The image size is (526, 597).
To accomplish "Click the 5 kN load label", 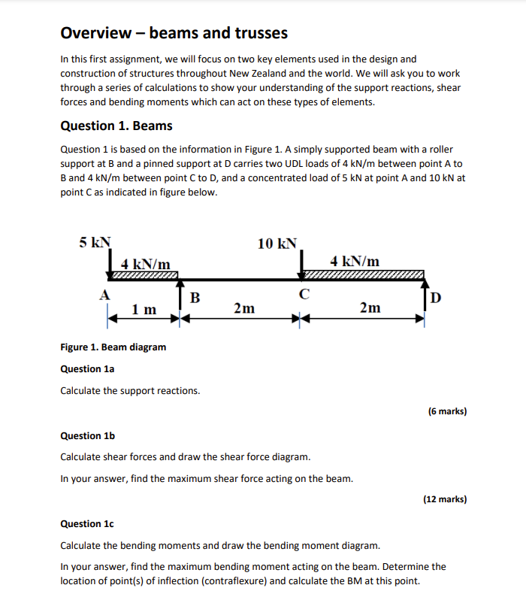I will (x=95, y=242).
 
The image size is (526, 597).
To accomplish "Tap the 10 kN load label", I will (x=277, y=243).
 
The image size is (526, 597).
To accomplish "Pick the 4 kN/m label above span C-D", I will (x=355, y=261).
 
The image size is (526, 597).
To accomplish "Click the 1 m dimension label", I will (x=144, y=309).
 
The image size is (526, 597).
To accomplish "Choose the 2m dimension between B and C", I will (x=243, y=308).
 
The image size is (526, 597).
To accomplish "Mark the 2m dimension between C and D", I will (x=370, y=308).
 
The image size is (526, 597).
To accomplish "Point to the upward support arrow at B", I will (x=180, y=293).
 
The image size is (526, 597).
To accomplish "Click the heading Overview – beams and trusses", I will (x=174, y=33).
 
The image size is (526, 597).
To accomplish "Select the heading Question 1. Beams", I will (x=116, y=126).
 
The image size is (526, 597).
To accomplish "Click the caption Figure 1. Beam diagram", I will (x=113, y=347).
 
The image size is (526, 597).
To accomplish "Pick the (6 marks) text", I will (x=447, y=411).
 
